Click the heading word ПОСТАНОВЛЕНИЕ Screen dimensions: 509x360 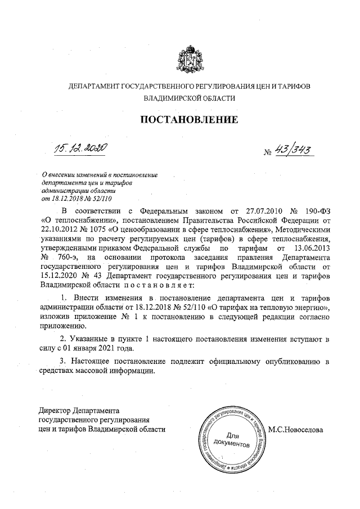pyautogui.click(x=189, y=120)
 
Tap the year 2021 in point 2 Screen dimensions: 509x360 pyautogui.click(x=102, y=349)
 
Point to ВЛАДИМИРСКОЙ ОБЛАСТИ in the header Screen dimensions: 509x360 pyautogui.click(x=189, y=98)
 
